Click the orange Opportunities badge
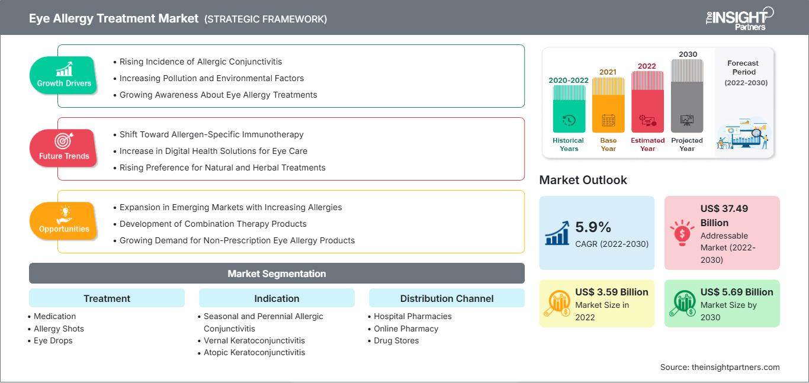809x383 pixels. tap(64, 221)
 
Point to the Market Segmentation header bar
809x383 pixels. tap(277, 273)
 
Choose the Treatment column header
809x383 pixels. tap(107, 298)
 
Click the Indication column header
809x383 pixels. tap(277, 298)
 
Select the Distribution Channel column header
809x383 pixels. tap(447, 298)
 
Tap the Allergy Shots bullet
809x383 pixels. tap(59, 329)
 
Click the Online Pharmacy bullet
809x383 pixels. tap(406, 329)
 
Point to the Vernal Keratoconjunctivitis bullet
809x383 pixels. tap(254, 340)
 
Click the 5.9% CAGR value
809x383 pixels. tap(593, 227)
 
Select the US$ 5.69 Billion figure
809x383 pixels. tap(737, 292)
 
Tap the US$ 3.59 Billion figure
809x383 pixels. tap(612, 292)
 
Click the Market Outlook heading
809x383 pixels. tap(583, 180)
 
